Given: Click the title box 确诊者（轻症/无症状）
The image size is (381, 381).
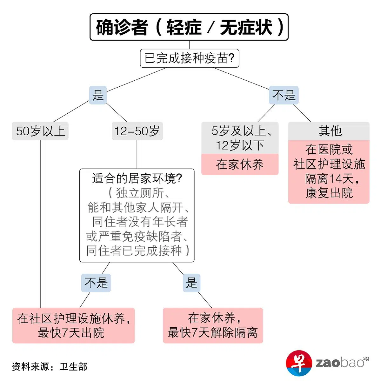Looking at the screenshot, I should click(189, 27).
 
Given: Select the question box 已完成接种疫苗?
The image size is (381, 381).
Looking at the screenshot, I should click(189, 58).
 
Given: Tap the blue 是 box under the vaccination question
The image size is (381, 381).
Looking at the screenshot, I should click(98, 95).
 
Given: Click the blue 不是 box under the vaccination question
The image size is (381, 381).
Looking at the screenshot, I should click(284, 95).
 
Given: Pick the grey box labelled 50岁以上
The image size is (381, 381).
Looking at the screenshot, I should click(40, 131).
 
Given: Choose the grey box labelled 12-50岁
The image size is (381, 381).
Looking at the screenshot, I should click(137, 131).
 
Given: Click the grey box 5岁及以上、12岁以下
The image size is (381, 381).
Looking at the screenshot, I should click(240, 138).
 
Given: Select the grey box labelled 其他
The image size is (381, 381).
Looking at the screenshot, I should click(329, 131).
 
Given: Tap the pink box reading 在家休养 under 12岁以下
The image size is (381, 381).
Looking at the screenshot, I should click(240, 164).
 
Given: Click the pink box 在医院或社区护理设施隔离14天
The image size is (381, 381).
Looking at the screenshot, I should click(329, 171).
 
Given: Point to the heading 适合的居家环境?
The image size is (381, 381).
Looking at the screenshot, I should click(137, 178).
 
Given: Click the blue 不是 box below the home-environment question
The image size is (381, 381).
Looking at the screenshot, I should click(96, 283).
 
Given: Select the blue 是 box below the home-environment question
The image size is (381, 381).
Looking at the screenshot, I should click(191, 283).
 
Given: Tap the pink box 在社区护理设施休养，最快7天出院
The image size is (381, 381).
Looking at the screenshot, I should click(73, 325).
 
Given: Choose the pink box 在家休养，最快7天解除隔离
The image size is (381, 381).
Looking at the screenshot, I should click(213, 325).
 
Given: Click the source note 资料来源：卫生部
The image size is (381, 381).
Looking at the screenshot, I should click(50, 367).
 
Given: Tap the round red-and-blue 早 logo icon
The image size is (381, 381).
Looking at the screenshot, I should click(299, 363).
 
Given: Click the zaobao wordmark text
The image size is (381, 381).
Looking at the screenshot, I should click(340, 363).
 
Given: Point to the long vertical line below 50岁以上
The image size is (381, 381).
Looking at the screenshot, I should click(41, 222).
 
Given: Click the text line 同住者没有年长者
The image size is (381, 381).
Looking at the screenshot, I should click(140, 222).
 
